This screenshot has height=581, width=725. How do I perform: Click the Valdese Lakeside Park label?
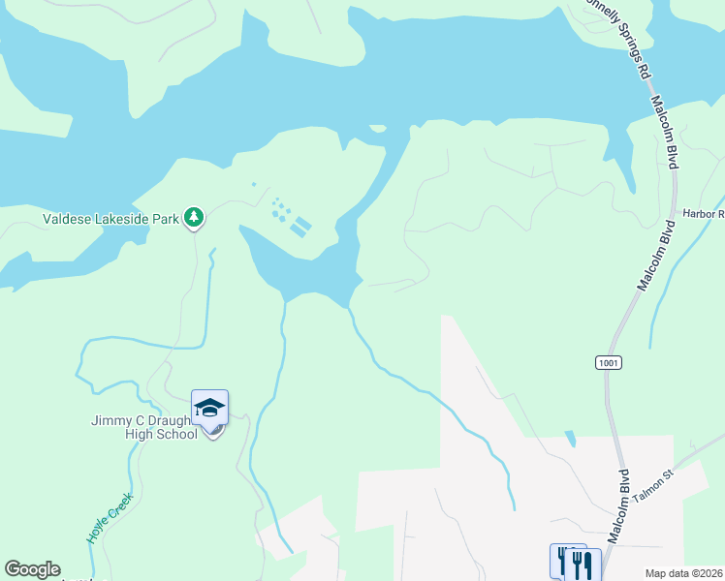click(x=110, y=219)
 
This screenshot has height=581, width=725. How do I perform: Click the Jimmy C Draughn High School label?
click(x=144, y=427)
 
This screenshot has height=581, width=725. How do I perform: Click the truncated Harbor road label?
click(x=703, y=214)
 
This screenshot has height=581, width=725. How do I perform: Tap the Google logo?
click(x=32, y=569)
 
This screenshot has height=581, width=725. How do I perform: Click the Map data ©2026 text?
click(x=684, y=573)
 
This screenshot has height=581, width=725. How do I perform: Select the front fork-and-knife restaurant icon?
click(x=583, y=565)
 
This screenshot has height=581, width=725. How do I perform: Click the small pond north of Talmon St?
click(x=571, y=439)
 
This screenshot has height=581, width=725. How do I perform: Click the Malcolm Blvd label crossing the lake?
click(x=664, y=132)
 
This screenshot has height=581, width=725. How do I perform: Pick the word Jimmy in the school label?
click(x=110, y=420)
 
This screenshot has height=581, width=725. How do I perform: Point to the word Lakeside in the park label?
click(x=120, y=219)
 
